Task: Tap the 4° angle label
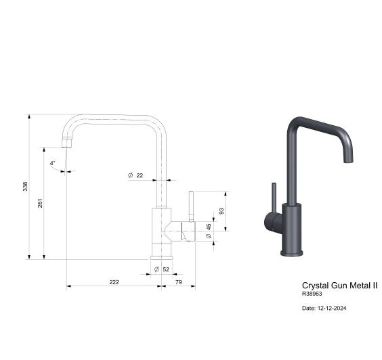tap(53, 163)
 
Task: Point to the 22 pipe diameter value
tap(140, 175)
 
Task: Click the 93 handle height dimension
tap(221, 211)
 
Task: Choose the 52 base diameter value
tap(166, 269)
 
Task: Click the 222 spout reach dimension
tap(114, 282)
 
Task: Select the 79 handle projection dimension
tap(179, 282)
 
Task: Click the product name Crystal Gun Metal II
tap(339, 286)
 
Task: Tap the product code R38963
tap(313, 294)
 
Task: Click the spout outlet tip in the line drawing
tap(66, 143)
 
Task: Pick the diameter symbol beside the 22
tap(129, 175)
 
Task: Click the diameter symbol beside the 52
tap(156, 269)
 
